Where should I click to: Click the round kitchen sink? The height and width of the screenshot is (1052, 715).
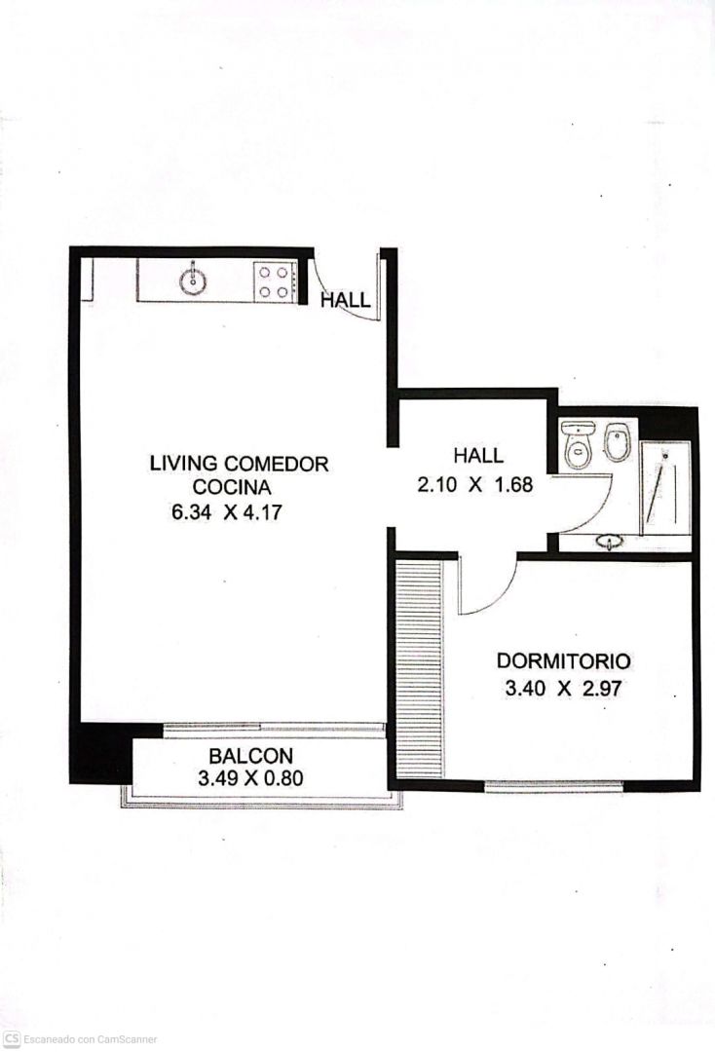[193, 282]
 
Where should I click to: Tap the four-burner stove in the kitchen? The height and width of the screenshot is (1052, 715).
[275, 282]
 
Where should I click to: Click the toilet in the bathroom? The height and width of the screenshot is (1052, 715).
[577, 444]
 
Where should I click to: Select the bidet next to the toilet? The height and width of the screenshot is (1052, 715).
[616, 443]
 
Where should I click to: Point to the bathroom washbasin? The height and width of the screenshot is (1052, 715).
[610, 542]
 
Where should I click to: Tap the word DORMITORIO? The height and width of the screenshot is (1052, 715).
[563, 660]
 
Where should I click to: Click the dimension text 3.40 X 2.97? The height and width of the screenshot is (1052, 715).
[563, 689]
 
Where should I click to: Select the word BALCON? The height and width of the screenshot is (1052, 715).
[251, 756]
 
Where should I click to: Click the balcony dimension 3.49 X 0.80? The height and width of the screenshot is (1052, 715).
[251, 778]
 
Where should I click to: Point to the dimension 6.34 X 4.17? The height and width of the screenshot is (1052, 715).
[227, 512]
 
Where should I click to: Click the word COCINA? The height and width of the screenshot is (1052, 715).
[232, 486]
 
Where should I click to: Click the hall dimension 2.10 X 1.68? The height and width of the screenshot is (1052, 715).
[474, 484]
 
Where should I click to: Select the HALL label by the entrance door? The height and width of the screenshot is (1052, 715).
[346, 300]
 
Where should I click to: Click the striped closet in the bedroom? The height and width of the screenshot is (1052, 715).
[419, 669]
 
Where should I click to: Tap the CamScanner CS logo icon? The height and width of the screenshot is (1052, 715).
[12, 1039]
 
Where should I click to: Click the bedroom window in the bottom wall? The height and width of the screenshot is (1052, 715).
[553, 786]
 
